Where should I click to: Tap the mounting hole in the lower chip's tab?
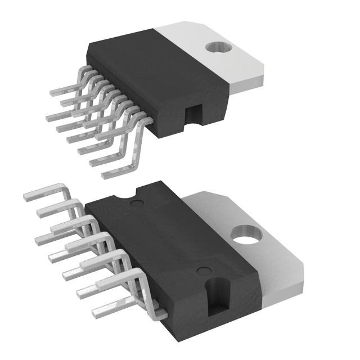[x=245, y=234]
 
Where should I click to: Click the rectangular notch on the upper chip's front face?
[x=193, y=115]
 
